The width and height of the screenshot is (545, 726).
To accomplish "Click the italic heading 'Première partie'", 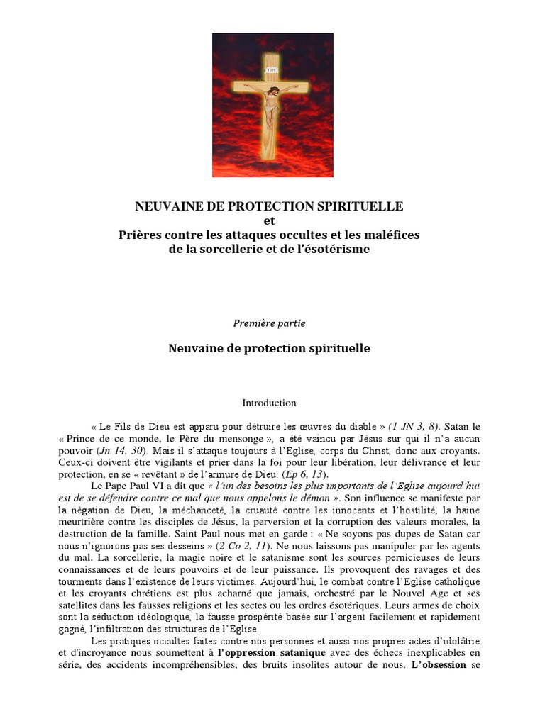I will [269, 323].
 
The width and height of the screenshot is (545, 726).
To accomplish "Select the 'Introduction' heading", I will [269, 403].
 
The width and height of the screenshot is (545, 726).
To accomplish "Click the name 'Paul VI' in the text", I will [147, 486].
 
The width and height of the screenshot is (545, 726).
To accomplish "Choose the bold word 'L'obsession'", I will [439, 666].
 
